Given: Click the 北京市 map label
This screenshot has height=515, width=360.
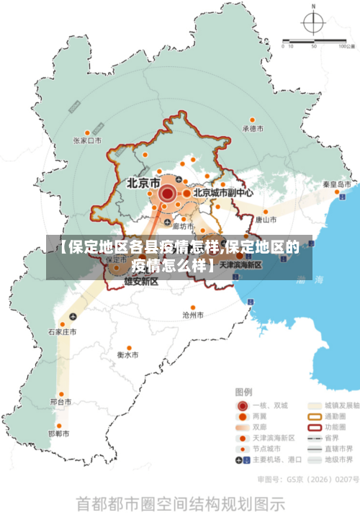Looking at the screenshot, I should point(143,183).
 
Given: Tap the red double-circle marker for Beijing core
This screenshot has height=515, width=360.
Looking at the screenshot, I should point(167,193).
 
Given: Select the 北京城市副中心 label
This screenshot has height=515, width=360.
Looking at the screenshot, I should point(222,193).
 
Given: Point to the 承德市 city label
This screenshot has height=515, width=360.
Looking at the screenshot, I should point(253,129).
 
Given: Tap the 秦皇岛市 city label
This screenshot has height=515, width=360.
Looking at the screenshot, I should point(336,184).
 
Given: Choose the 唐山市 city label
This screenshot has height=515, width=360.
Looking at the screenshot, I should point(266,219).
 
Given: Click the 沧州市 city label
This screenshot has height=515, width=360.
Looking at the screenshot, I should point(193,315).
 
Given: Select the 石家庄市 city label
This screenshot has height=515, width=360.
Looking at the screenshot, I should point(62,332).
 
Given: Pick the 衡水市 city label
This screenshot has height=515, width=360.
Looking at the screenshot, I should point(127,355).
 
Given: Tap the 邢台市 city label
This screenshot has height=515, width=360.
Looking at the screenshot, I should point(60,401).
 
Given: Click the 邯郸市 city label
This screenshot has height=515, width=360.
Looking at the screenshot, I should point(58,434).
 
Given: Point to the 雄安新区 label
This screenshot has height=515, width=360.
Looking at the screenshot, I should point(140,282).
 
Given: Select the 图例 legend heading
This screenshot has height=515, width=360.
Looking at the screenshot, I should point(244,392).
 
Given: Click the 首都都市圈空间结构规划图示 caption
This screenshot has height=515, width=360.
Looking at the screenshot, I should point(180,501).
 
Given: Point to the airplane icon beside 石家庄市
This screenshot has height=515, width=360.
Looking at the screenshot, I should point(73,317).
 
